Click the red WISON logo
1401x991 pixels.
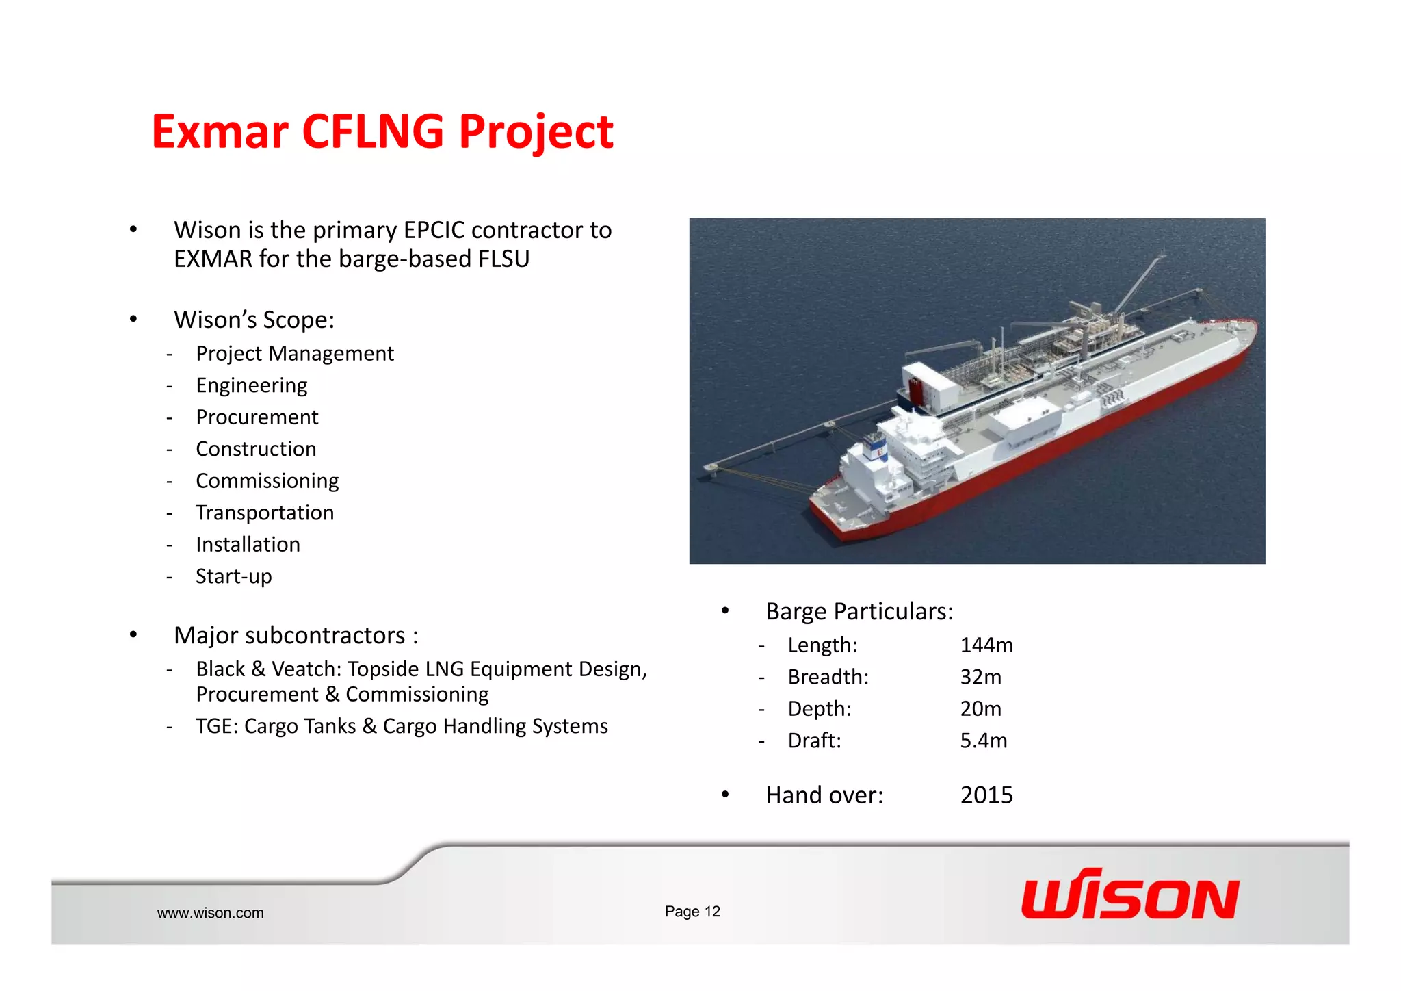1129,895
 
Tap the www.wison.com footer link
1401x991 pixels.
210,913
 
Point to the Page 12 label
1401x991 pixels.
692,912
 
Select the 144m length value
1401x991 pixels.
986,645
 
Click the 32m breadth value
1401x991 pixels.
980,677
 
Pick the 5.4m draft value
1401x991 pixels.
983,741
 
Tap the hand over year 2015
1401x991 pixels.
986,795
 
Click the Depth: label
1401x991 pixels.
819,709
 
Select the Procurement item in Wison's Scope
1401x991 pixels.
257,417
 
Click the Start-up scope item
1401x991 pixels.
233,576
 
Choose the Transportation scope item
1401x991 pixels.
265,513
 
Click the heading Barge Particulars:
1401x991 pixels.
859,611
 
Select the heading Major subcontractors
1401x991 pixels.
290,636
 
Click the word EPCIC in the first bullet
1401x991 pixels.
434,231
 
